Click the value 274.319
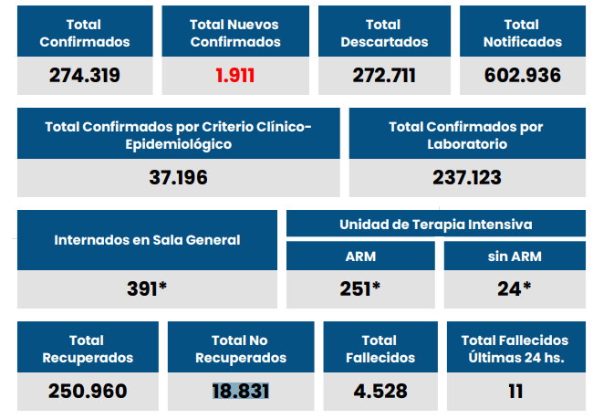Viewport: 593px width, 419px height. pos(84,76)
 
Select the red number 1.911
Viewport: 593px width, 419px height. pos(234,76)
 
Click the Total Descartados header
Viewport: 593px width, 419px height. pos(383,33)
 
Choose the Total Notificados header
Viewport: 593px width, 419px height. pos(521,33)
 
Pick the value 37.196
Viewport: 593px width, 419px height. pos(178,177)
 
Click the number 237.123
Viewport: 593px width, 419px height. pos(467,177)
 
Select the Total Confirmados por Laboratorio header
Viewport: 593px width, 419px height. pos(467,135)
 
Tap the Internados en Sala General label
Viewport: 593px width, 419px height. pos(147,240)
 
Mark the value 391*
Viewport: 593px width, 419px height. pos(147,289)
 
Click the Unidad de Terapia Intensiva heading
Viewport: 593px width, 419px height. pos(436,224)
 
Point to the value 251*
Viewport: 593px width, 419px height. pos(359,289)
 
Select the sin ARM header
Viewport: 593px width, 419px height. pos(514,257)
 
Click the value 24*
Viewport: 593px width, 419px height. pos(514,289)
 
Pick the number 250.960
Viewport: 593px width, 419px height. pos(87,392)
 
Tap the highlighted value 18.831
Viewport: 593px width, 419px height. pos(240,392)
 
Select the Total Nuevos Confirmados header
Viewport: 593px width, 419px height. pos(234,33)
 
